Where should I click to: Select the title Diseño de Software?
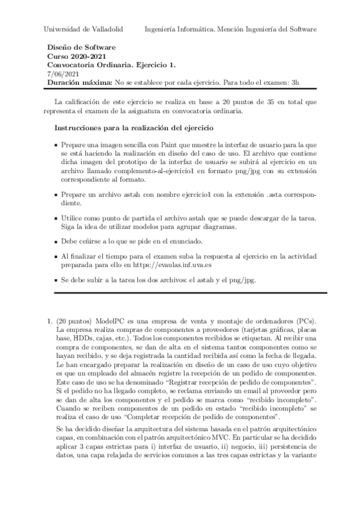click(81, 47)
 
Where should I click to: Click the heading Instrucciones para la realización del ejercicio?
click(143, 128)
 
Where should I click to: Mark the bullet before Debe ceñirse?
click(56, 239)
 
